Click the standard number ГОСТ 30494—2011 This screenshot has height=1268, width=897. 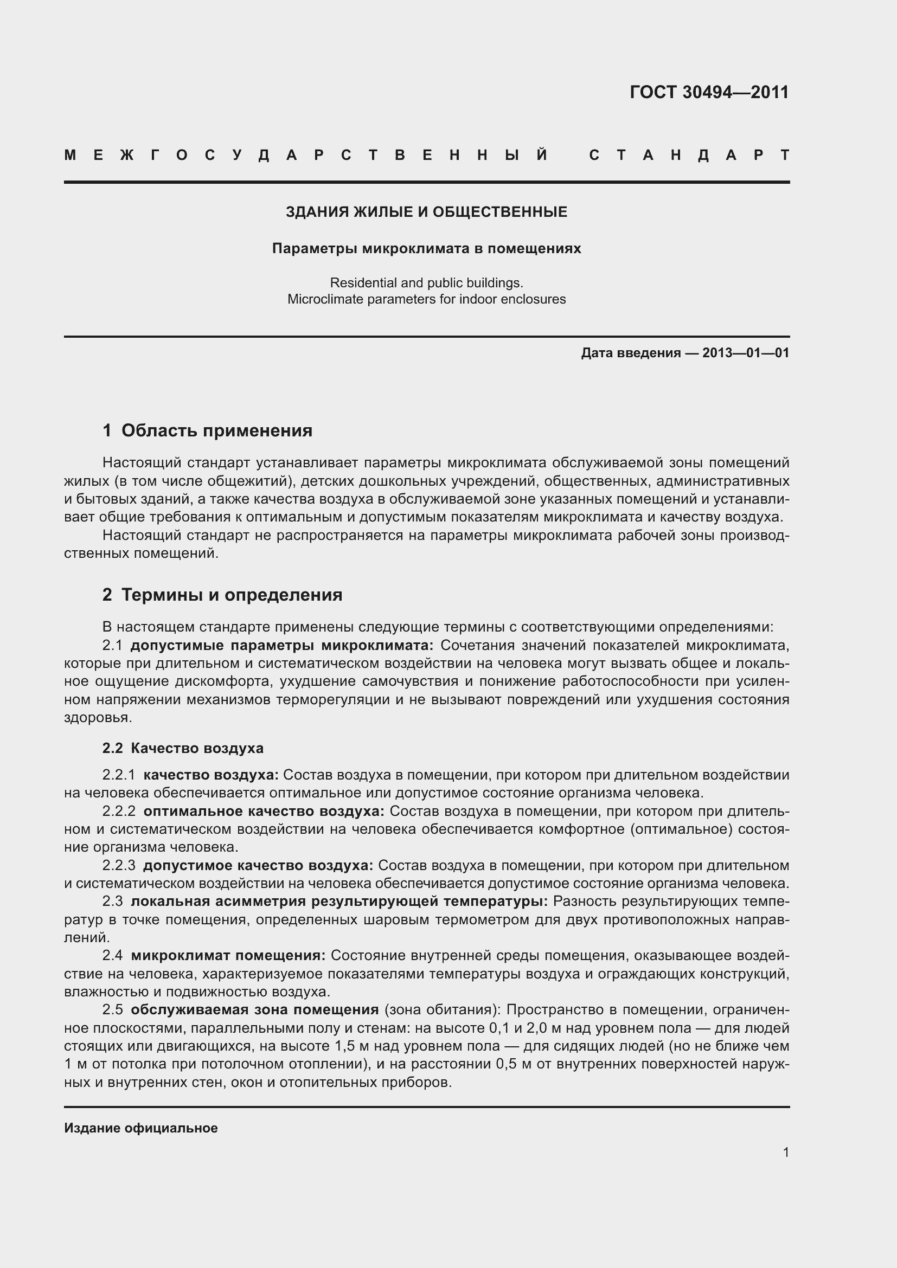click(x=709, y=92)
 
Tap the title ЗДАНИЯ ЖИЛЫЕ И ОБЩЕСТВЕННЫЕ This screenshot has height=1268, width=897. click(x=426, y=212)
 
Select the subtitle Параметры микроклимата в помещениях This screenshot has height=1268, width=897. click(x=426, y=248)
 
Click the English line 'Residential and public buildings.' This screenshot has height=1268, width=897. click(x=426, y=283)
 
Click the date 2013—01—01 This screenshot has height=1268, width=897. click(x=745, y=353)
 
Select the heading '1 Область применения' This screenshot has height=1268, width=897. click(x=208, y=430)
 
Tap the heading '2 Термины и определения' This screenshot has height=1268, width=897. click(x=222, y=595)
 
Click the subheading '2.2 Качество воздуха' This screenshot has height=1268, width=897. click(x=183, y=748)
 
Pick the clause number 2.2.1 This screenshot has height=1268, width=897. click(x=119, y=775)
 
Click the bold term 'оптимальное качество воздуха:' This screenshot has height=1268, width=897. click(x=264, y=812)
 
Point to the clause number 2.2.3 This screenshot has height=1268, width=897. click(x=119, y=865)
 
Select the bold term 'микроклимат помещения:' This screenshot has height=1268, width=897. click(x=228, y=955)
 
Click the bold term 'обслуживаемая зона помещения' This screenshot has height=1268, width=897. click(x=255, y=1009)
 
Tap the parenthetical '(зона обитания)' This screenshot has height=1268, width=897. click(x=442, y=1009)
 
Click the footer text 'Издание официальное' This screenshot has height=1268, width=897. click(x=141, y=1128)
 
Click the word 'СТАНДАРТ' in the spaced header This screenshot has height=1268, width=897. click(x=689, y=155)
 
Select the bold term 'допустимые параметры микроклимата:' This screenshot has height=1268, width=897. click(x=282, y=645)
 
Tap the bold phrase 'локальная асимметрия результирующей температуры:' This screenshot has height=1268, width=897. click(x=339, y=902)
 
